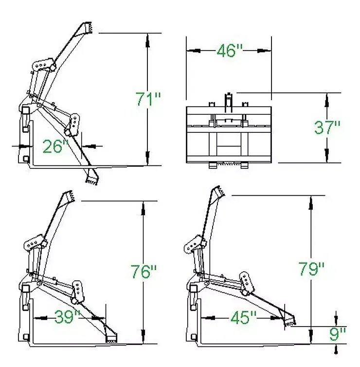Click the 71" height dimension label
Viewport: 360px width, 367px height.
point(148,99)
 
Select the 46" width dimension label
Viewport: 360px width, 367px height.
point(230,51)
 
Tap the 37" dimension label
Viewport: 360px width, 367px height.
point(327,128)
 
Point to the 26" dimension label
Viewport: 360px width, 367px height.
point(55,147)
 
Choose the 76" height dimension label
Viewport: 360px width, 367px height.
point(144,272)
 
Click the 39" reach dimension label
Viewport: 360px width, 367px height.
point(67,317)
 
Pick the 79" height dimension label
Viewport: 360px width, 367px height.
point(311,269)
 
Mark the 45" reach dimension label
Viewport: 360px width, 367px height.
point(243,318)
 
